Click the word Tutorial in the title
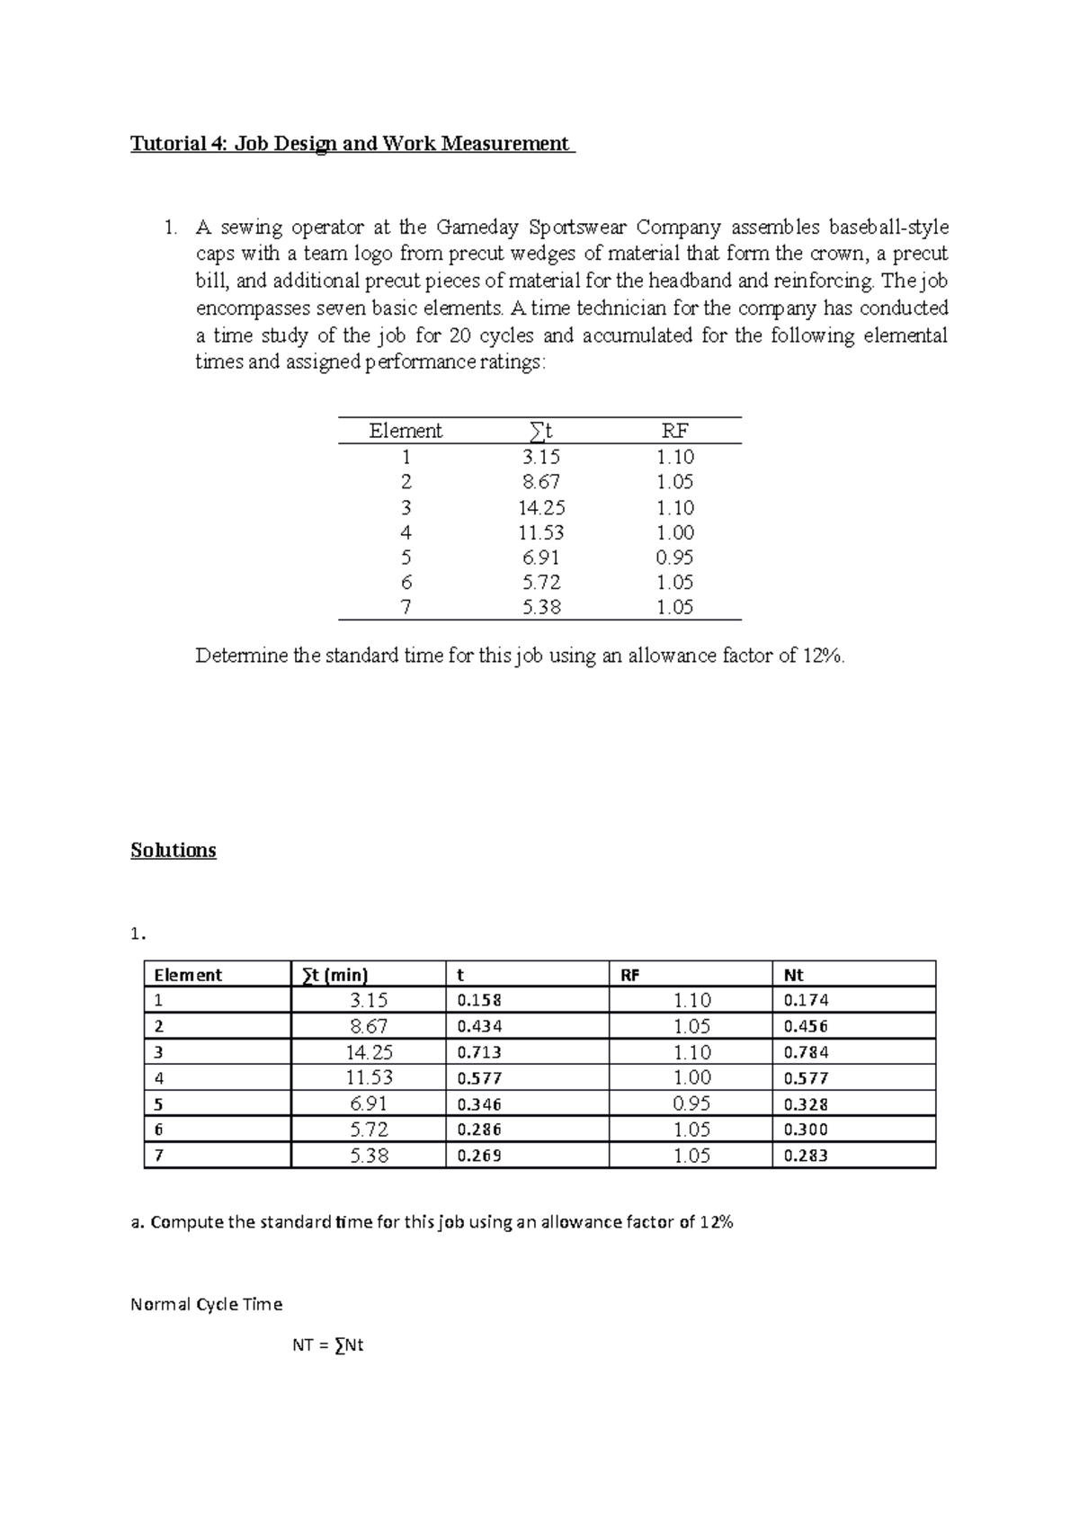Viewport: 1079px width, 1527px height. tap(163, 144)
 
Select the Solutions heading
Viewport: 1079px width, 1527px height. tap(174, 850)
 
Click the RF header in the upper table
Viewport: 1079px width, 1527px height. tap(674, 431)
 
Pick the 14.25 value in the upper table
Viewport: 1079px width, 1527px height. tap(541, 507)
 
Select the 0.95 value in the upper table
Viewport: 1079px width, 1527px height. tap(674, 557)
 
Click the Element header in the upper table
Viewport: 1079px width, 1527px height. tap(406, 431)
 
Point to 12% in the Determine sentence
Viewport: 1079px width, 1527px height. tap(823, 656)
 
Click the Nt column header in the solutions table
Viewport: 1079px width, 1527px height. tap(794, 975)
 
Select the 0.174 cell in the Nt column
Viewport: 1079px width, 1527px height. tap(806, 1000)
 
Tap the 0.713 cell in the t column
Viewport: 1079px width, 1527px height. tap(479, 1052)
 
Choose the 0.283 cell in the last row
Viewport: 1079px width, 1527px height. tap(806, 1156)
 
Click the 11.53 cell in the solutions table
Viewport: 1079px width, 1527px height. tap(370, 1077)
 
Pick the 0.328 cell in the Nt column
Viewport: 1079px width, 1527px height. tap(806, 1104)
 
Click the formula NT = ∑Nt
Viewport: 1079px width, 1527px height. tap(327, 1346)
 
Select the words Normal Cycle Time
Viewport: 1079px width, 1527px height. tap(206, 1304)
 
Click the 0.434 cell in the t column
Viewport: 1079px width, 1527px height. tap(479, 1026)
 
